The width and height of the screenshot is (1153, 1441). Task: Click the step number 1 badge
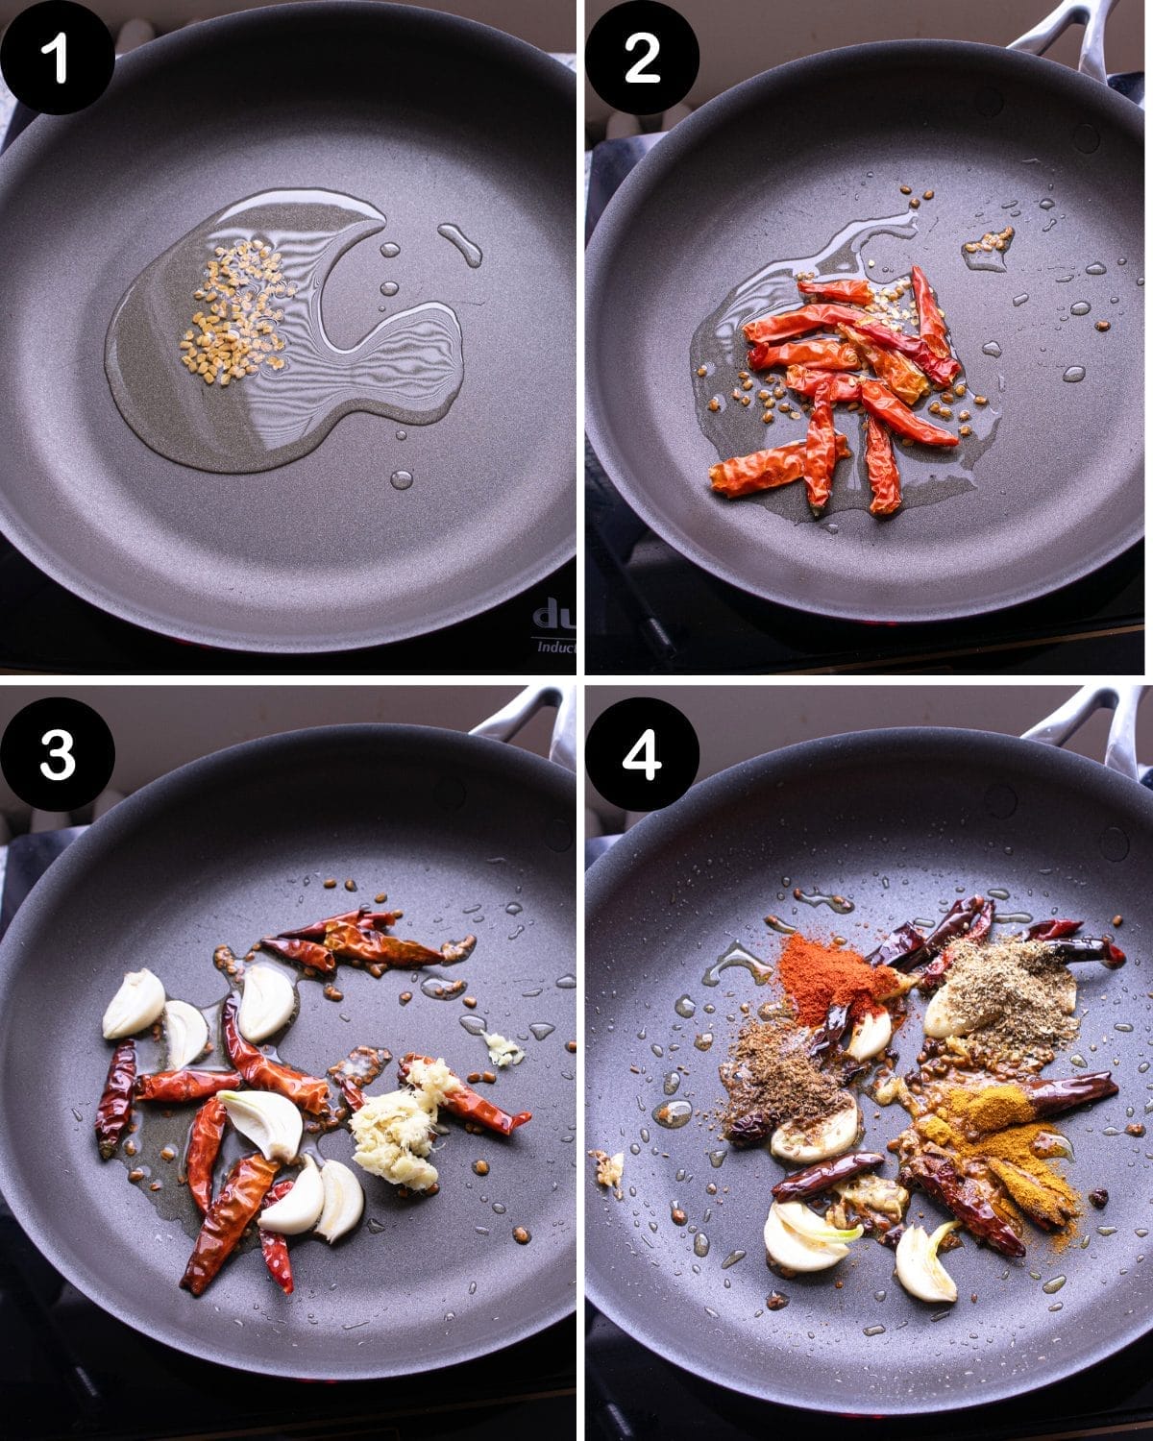(x=58, y=58)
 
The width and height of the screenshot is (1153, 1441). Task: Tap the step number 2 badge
(x=642, y=58)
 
